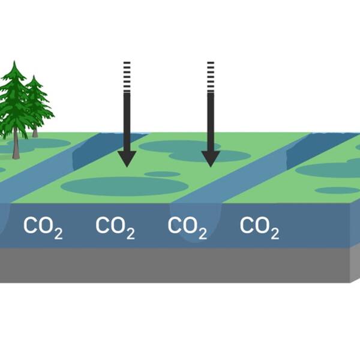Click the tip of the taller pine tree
[14, 61]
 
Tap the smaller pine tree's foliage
[38, 103]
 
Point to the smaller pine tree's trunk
[35, 133]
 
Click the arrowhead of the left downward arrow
[127, 158]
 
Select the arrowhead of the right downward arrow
[211, 158]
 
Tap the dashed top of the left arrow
[127, 76]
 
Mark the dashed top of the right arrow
[211, 76]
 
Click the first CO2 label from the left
[43, 227]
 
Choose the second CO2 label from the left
[115, 227]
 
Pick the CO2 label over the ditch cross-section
[187, 227]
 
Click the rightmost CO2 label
[259, 227]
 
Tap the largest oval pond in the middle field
[125, 186]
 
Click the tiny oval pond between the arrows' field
[163, 174]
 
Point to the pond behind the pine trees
[39, 143]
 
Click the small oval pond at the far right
[337, 190]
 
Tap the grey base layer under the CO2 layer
[175, 265]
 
